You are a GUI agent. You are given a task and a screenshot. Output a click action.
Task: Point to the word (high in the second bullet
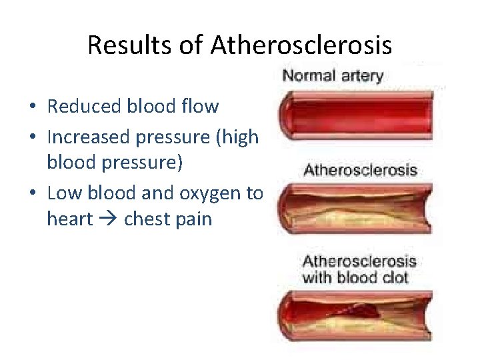241,137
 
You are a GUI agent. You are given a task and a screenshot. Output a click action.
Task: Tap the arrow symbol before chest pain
108,219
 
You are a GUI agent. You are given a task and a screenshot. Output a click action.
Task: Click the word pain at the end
193,219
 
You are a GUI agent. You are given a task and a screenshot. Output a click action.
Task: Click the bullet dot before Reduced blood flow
32,107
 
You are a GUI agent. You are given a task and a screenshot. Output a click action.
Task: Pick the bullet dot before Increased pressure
32,137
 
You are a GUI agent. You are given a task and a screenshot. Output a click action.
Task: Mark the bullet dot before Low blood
32,194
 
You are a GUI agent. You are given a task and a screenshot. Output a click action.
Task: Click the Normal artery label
333,75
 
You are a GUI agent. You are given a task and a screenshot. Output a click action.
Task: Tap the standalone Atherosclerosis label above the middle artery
360,169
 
